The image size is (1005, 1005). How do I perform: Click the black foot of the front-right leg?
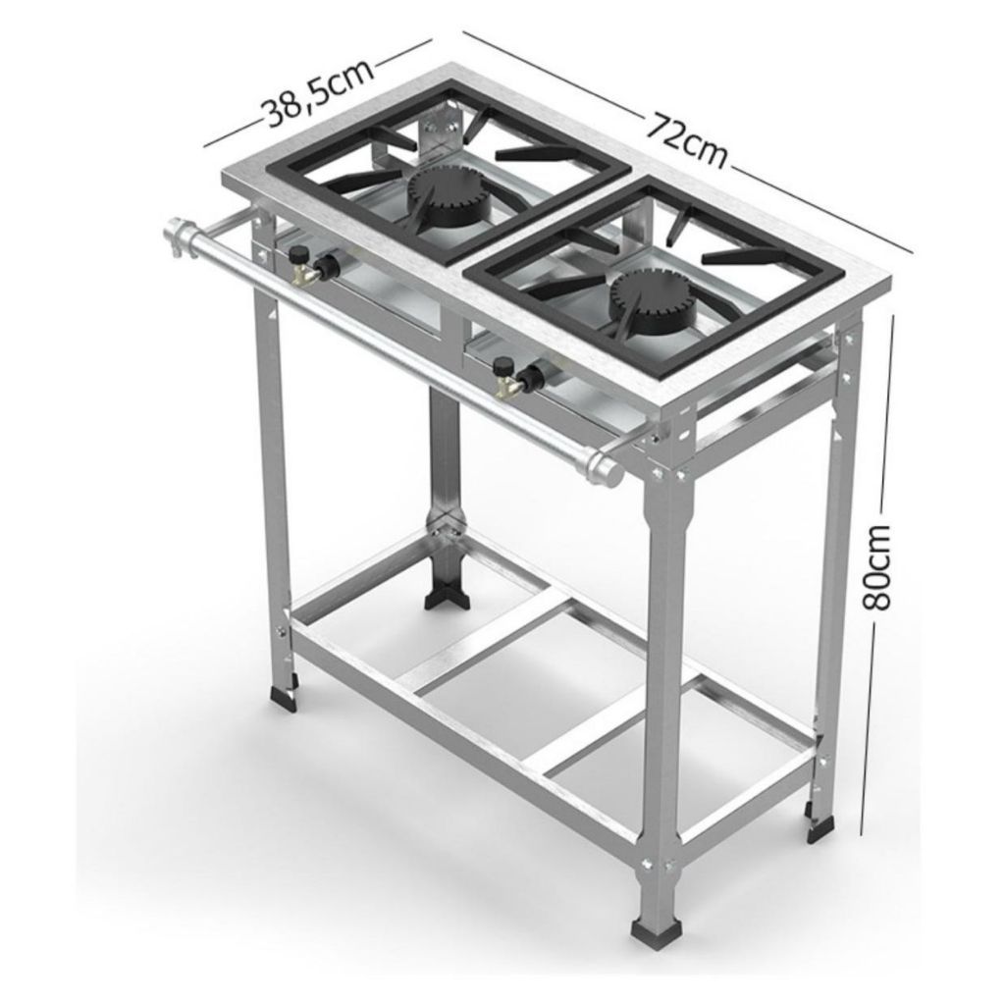pyautogui.click(x=652, y=926)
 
